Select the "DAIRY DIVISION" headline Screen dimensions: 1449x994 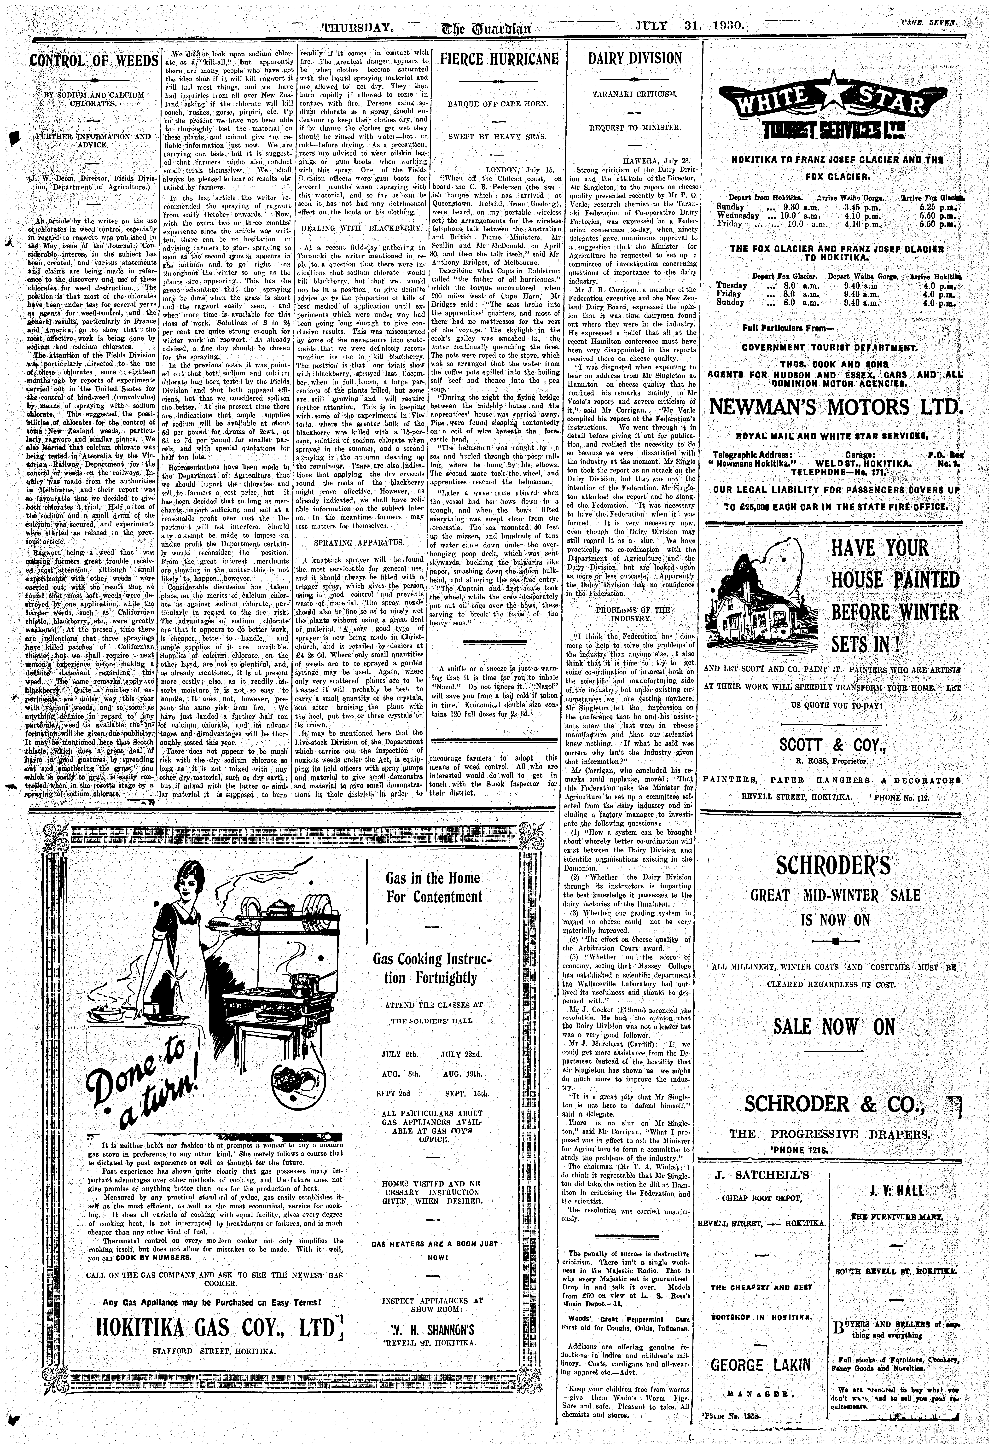tap(635, 59)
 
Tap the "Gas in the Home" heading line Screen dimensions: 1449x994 tap(433, 878)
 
